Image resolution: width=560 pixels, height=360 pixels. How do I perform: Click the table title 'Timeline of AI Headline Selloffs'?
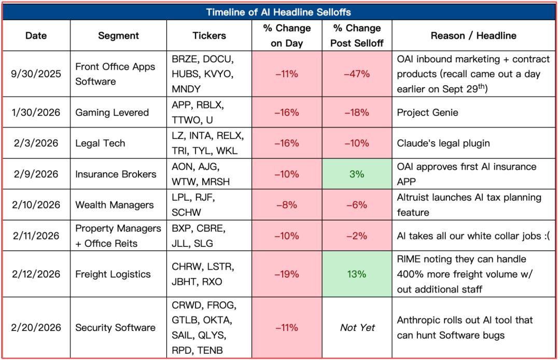click(x=278, y=12)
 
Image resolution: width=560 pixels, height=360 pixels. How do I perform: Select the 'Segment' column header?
click(x=118, y=36)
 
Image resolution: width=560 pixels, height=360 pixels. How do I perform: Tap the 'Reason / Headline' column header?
click(x=473, y=36)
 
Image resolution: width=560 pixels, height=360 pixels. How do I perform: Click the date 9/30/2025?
click(x=36, y=74)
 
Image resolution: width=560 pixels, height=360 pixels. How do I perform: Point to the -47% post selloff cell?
click(x=357, y=74)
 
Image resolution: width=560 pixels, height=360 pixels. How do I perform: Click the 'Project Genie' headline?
click(x=427, y=113)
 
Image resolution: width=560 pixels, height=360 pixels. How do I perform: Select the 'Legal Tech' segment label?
click(x=100, y=143)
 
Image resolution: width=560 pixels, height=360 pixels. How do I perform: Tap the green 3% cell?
click(x=357, y=174)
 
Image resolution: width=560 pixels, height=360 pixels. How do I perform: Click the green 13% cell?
click(x=357, y=274)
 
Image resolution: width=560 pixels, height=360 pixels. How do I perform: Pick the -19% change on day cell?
click(x=287, y=274)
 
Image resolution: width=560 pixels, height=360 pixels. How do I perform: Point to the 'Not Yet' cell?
click(x=357, y=327)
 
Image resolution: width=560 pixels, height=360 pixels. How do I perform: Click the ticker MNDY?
click(x=186, y=89)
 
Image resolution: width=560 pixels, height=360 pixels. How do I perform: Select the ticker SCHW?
click(x=186, y=213)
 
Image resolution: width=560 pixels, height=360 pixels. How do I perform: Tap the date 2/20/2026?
click(x=36, y=327)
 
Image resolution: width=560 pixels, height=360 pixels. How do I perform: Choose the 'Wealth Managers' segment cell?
click(x=114, y=205)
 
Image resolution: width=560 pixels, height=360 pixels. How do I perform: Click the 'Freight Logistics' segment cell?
click(x=113, y=274)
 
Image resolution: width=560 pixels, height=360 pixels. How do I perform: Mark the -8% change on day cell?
click(x=287, y=205)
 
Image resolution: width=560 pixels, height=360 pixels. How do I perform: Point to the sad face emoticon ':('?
click(x=545, y=236)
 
